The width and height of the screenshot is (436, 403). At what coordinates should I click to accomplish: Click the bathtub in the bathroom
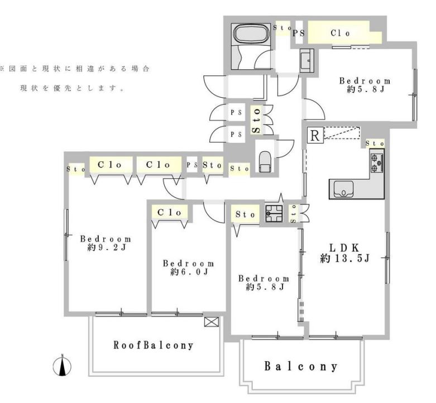[252, 33]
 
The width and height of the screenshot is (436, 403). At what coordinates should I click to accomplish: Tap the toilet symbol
[265, 162]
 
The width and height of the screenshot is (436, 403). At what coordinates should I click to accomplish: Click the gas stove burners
[377, 163]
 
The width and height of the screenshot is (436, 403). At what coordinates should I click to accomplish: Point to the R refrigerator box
[315, 135]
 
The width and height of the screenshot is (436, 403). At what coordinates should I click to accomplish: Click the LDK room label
[344, 247]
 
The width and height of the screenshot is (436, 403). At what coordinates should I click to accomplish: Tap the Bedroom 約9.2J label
[106, 243]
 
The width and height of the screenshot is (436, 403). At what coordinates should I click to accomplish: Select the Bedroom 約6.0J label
[189, 267]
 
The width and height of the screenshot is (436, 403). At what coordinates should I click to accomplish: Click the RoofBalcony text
[153, 345]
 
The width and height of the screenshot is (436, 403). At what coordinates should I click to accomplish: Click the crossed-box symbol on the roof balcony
[212, 322]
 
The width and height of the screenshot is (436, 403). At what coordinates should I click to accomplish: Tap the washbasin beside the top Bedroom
[307, 60]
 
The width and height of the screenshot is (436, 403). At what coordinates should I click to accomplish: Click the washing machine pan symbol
[274, 213]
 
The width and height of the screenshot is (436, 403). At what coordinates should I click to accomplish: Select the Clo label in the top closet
[340, 33]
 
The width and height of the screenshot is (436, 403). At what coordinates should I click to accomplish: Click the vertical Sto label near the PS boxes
[256, 121]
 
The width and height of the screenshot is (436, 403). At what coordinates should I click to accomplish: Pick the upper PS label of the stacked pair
[236, 113]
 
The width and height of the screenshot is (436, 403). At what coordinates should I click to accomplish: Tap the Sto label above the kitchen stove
[375, 143]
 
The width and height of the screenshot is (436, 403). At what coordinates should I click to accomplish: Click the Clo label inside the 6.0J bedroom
[169, 213]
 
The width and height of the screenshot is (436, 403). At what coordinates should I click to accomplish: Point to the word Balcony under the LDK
[301, 366]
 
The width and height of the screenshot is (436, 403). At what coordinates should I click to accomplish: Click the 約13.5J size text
[345, 258]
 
